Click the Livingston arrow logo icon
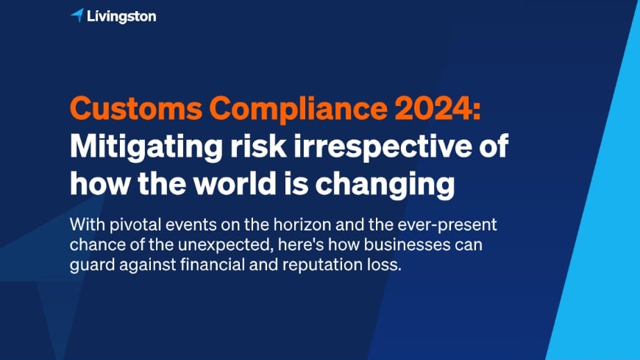click(x=77, y=15)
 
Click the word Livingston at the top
click(x=121, y=15)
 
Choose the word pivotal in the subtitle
click(x=129, y=225)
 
